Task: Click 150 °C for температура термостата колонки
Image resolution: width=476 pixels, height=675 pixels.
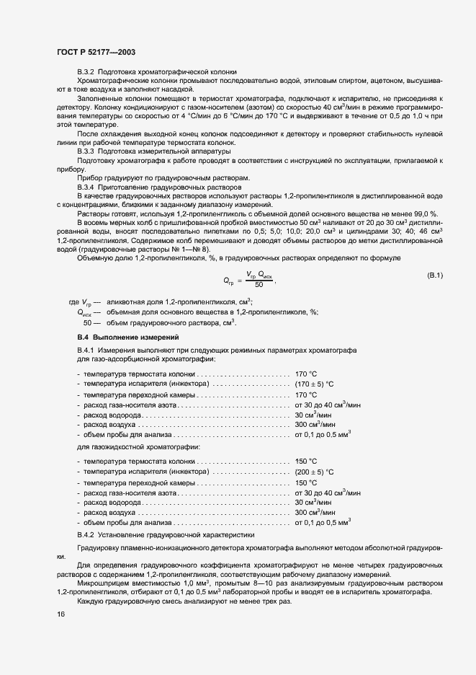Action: (x=306, y=461)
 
